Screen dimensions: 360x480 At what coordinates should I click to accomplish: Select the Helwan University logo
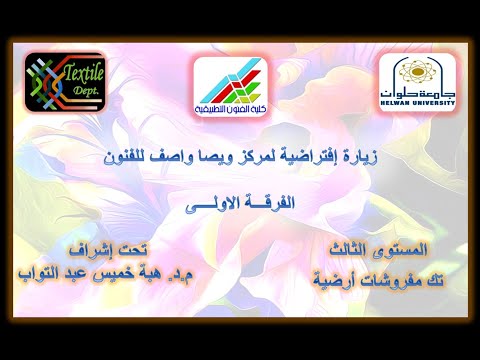tap(416, 82)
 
